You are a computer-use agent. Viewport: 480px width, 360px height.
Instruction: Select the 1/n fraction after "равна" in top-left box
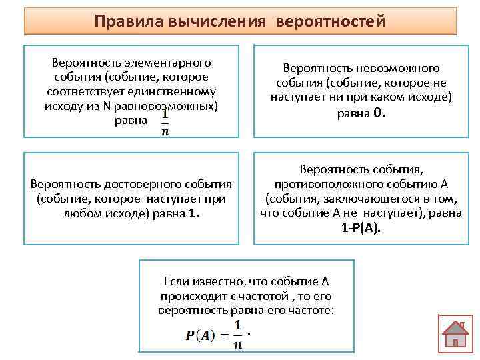coord(164,123)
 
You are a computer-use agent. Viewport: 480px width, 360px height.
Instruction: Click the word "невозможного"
coord(398,69)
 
